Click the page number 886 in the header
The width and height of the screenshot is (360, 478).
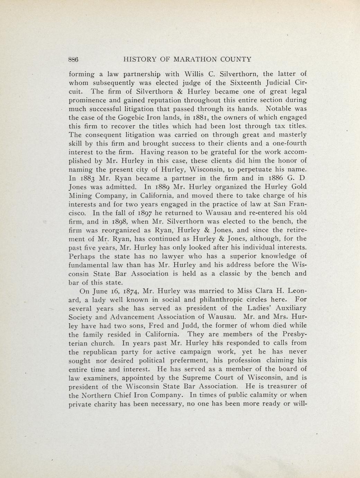(x=73, y=59)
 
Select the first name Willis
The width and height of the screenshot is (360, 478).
(x=196, y=74)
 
